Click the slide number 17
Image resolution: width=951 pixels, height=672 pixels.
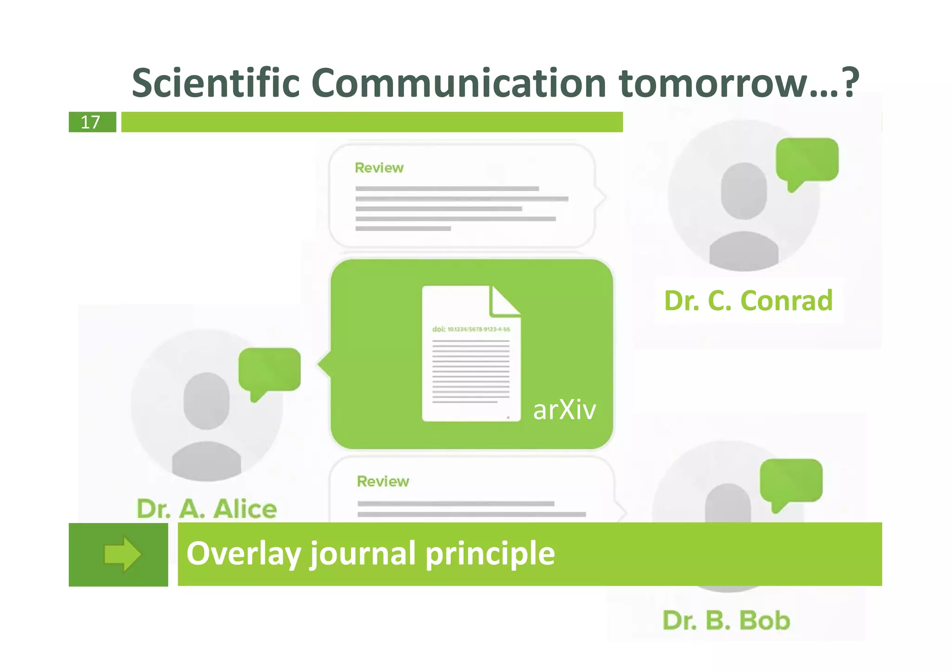[91, 122]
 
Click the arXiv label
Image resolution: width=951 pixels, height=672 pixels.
[564, 410]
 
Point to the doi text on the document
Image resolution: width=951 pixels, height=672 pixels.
[471, 329]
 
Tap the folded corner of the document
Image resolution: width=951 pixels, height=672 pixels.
[503, 301]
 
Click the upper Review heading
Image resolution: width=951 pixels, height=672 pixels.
[379, 168]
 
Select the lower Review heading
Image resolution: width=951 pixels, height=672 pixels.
[383, 481]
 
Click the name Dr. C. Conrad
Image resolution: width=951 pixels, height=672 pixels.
[748, 300]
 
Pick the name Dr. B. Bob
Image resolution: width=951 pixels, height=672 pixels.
[726, 620]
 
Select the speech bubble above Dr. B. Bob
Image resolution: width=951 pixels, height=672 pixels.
[791, 481]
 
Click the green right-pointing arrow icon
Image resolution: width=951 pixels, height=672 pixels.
[122, 554]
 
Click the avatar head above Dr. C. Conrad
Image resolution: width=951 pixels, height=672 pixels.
[743, 190]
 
